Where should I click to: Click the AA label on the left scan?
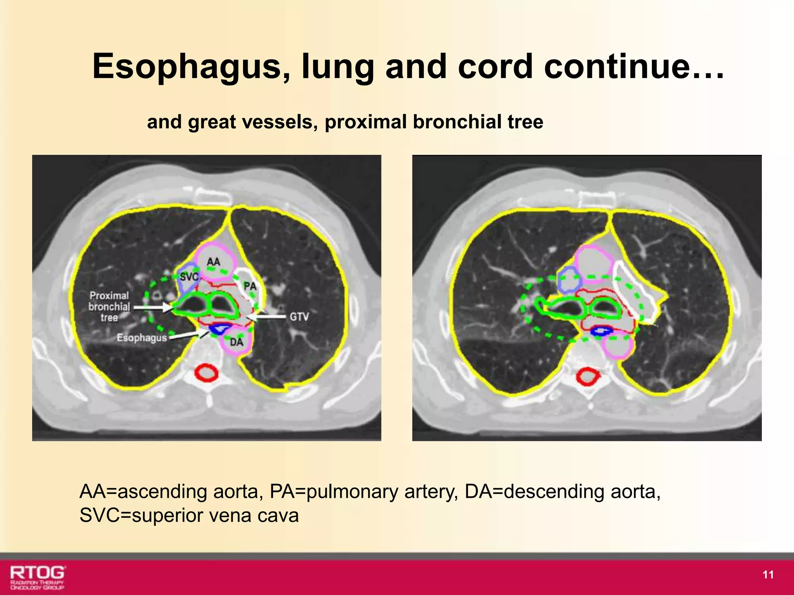pyautogui.click(x=213, y=262)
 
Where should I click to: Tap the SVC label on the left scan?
pyautogui.click(x=189, y=277)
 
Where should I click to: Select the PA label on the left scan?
pyautogui.click(x=250, y=286)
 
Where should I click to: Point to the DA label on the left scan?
pyautogui.click(x=236, y=342)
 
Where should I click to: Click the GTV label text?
pyautogui.click(x=299, y=317)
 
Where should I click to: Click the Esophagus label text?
pyautogui.click(x=142, y=338)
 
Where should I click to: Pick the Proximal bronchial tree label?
pyautogui.click(x=109, y=307)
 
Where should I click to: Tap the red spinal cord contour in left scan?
pyautogui.click(x=206, y=373)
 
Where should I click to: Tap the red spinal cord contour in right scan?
pyautogui.click(x=587, y=377)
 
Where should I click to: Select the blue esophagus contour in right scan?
pyautogui.click(x=601, y=331)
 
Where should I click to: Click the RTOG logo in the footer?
pyautogui.click(x=37, y=577)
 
